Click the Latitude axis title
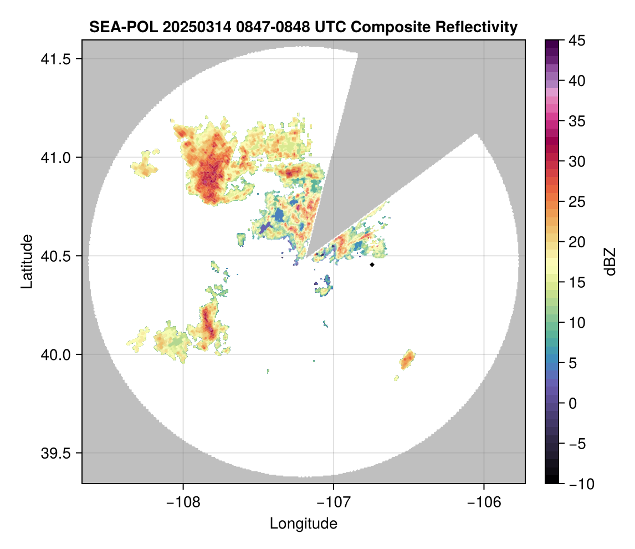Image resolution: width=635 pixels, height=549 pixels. pos(26,261)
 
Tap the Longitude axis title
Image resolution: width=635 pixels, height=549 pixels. pos(304,523)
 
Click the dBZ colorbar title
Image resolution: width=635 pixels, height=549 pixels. pos(610,262)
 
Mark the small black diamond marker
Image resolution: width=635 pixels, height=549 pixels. pos(372,265)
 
